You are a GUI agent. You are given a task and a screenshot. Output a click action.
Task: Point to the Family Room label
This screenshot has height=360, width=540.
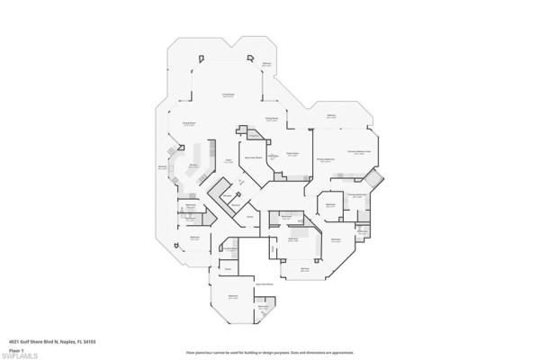292,154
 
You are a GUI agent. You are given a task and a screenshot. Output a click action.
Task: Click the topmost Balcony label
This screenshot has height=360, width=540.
266,64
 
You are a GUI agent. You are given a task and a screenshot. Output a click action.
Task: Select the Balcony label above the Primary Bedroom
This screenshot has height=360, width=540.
331,116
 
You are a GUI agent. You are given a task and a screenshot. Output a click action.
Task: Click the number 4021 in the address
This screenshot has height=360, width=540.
14,341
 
